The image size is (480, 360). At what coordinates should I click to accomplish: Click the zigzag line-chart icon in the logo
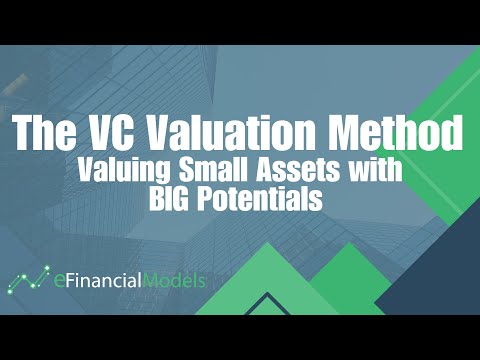(x=29, y=279)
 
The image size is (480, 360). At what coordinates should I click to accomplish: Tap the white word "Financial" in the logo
(x=109, y=280)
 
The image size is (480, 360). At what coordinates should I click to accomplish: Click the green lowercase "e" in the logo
(x=59, y=281)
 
